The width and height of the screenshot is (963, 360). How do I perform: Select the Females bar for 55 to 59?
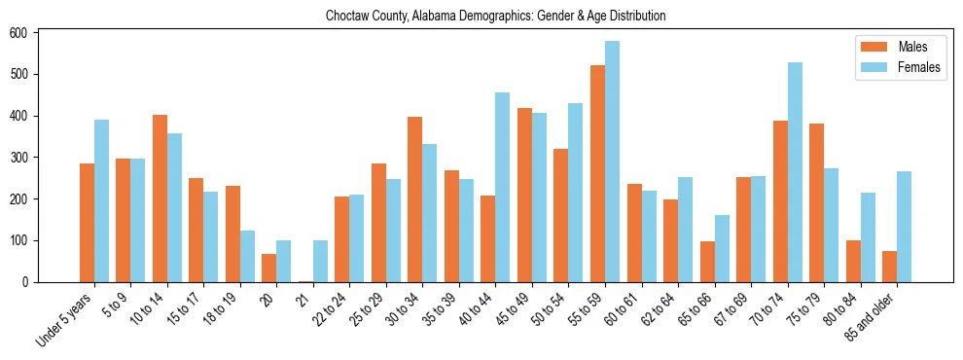612,162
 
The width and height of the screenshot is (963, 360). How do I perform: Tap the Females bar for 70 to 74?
795,172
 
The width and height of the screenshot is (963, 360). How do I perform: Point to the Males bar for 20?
269,268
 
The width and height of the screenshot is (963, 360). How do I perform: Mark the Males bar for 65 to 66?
707,262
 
